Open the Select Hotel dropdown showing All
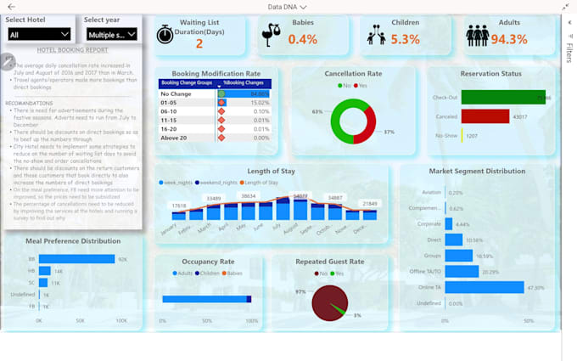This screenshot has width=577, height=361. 39,34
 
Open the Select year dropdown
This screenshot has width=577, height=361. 110,34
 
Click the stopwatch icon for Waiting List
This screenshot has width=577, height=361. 165,35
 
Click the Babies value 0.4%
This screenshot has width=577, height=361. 302,39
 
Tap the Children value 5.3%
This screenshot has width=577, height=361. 405,39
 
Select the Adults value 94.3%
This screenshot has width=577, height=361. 509,39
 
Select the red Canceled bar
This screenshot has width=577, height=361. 485,116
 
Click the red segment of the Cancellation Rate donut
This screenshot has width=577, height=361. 365,121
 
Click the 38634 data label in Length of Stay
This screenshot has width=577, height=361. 248,196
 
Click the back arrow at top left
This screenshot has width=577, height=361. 11,7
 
